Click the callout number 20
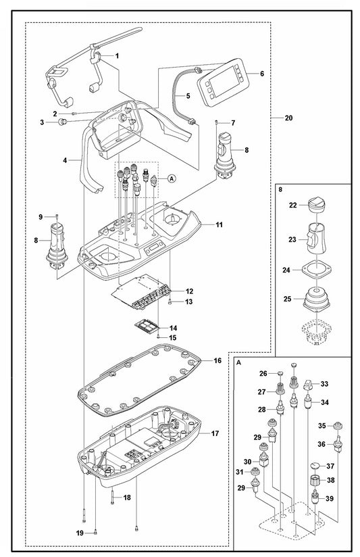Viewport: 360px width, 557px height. pyautogui.click(x=288, y=118)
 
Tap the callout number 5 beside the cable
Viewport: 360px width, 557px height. pyautogui.click(x=188, y=96)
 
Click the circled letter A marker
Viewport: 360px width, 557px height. pyautogui.click(x=172, y=178)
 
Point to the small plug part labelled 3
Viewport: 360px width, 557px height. pyautogui.click(x=63, y=122)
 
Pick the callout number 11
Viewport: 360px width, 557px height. pyautogui.click(x=219, y=224)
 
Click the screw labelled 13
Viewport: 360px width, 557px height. pyautogui.click(x=170, y=301)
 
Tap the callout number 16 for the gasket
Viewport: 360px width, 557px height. pyautogui.click(x=217, y=360)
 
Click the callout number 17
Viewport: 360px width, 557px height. pyautogui.click(x=215, y=433)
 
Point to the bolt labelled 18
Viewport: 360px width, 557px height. pyautogui.click(x=112, y=497)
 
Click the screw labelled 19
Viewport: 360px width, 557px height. pyautogui.click(x=95, y=532)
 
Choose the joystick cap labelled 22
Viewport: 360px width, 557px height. pyautogui.click(x=315, y=205)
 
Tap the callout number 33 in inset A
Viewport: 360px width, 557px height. pyautogui.click(x=324, y=384)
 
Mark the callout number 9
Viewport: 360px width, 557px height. pyautogui.click(x=41, y=216)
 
